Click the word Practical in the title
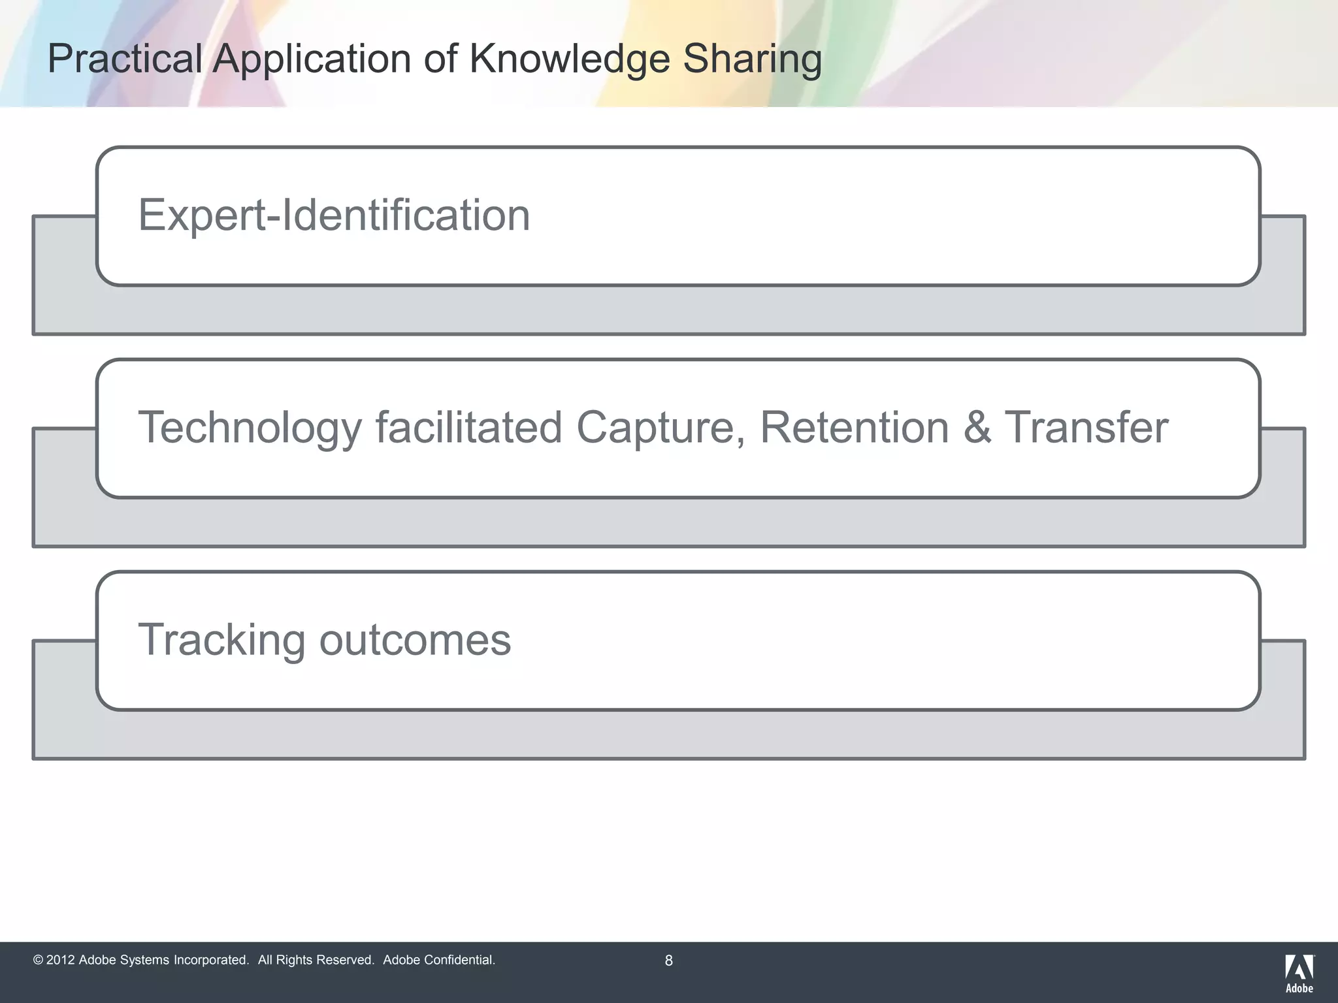124,59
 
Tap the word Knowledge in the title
569,59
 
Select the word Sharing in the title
752,59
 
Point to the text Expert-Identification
334,215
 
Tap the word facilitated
468,428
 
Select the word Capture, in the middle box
660,428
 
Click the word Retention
854,428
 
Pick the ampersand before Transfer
977,428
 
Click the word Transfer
1086,428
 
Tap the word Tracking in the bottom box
221,640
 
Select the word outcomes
415,640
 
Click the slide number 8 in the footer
668,961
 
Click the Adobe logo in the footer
1299,973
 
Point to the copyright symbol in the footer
38,961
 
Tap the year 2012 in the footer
60,961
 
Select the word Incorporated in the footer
211,961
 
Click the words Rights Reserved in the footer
324,961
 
